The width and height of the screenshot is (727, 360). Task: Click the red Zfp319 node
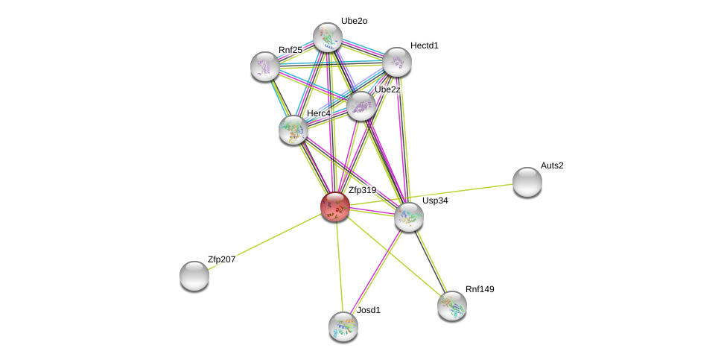[334, 206]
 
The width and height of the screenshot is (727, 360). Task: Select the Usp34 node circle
[409, 217]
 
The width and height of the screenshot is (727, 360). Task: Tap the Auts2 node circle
[527, 182]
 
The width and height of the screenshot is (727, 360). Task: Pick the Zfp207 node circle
[194, 276]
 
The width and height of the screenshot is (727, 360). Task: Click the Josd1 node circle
[343, 326]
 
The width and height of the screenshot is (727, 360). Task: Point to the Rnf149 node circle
[451, 306]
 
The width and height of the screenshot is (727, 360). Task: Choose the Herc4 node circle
[293, 130]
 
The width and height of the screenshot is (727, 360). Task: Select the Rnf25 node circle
[265, 66]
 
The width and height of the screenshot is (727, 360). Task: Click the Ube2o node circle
[327, 37]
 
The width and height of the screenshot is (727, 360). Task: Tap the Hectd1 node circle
[396, 62]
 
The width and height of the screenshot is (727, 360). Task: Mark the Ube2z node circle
[361, 106]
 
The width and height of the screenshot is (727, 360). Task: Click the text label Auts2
[552, 165]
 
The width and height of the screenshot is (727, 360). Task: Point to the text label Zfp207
[221, 259]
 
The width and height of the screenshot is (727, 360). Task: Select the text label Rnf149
[480, 289]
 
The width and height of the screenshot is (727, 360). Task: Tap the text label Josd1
[368, 310]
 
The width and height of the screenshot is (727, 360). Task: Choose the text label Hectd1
[425, 45]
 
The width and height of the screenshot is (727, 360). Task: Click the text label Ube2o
[354, 21]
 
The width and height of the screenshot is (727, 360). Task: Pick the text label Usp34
[435, 200]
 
